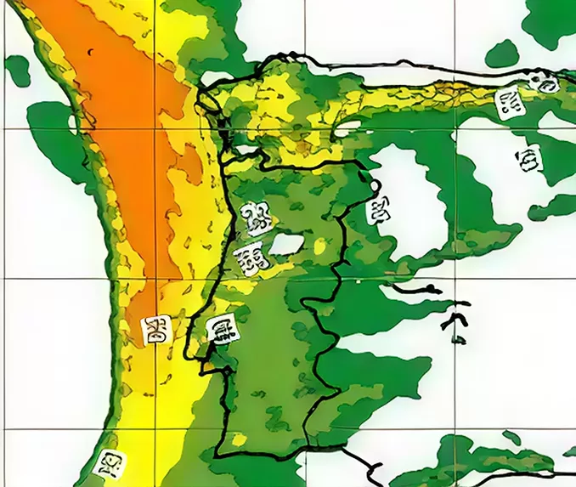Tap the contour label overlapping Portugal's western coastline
[222, 328]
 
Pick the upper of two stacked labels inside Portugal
[252, 219]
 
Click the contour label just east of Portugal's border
[377, 208]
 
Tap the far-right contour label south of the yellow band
[531, 157]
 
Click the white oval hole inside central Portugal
[286, 245]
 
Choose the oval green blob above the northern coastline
[503, 53]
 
